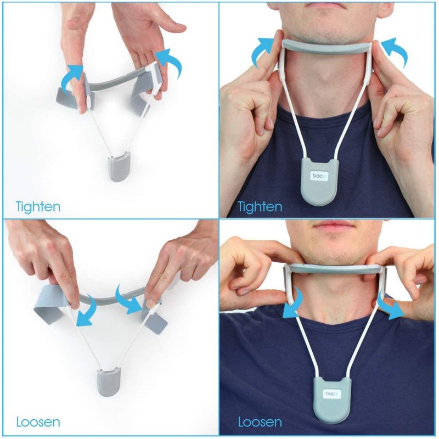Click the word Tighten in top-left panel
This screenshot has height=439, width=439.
pyautogui.click(x=38, y=207)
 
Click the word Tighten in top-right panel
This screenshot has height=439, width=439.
pyautogui.click(x=260, y=207)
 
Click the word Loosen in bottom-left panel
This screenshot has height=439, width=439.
pyautogui.click(x=38, y=423)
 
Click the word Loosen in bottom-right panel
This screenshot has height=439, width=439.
pyautogui.click(x=260, y=423)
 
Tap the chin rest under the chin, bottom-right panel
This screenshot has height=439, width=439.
pyautogui.click(x=335, y=268)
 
